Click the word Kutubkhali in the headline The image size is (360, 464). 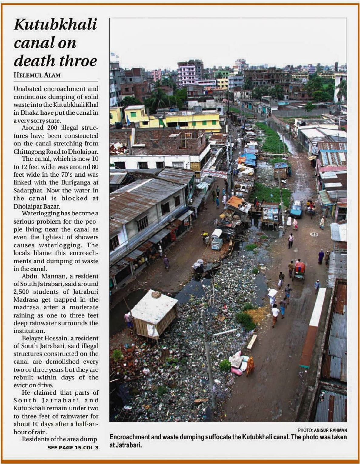[x=55, y=25]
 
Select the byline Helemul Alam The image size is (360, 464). [x=37, y=75]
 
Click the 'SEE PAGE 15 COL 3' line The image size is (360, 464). [x=73, y=447]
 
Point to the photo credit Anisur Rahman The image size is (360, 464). [x=330, y=430]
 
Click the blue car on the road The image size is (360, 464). [x=296, y=209]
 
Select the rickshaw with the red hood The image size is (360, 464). [x=299, y=270]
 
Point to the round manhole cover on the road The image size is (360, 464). [x=314, y=234]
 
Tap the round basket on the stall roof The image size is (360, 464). [x=156, y=294]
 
